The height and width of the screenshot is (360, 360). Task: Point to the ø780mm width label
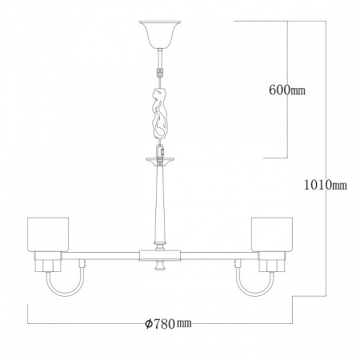(x=169, y=323)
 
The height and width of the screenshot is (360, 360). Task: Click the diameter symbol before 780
(x=149, y=323)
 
